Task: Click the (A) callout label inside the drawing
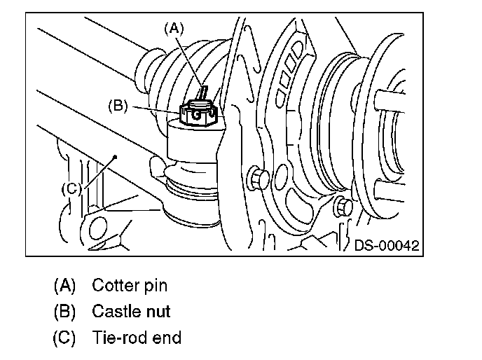pyautogui.click(x=174, y=29)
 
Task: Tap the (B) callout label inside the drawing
pyautogui.click(x=118, y=106)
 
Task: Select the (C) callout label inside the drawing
pyautogui.click(x=71, y=188)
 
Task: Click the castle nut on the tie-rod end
pyautogui.click(x=198, y=113)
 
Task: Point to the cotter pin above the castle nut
pyautogui.click(x=203, y=93)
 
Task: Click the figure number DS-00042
pyautogui.click(x=387, y=245)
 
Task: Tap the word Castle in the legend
pyautogui.click(x=115, y=311)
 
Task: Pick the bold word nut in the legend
pyautogui.click(x=158, y=312)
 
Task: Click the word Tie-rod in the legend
pyautogui.click(x=117, y=338)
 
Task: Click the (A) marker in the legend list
pyautogui.click(x=64, y=285)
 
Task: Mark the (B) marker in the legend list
pyautogui.click(x=64, y=312)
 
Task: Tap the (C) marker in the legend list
pyautogui.click(x=64, y=338)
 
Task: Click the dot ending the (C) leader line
pyautogui.click(x=116, y=157)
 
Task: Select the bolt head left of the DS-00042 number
pyautogui.click(x=343, y=207)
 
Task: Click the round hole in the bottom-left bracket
pyautogui.click(x=98, y=228)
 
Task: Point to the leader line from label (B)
pyautogui.click(x=156, y=111)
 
